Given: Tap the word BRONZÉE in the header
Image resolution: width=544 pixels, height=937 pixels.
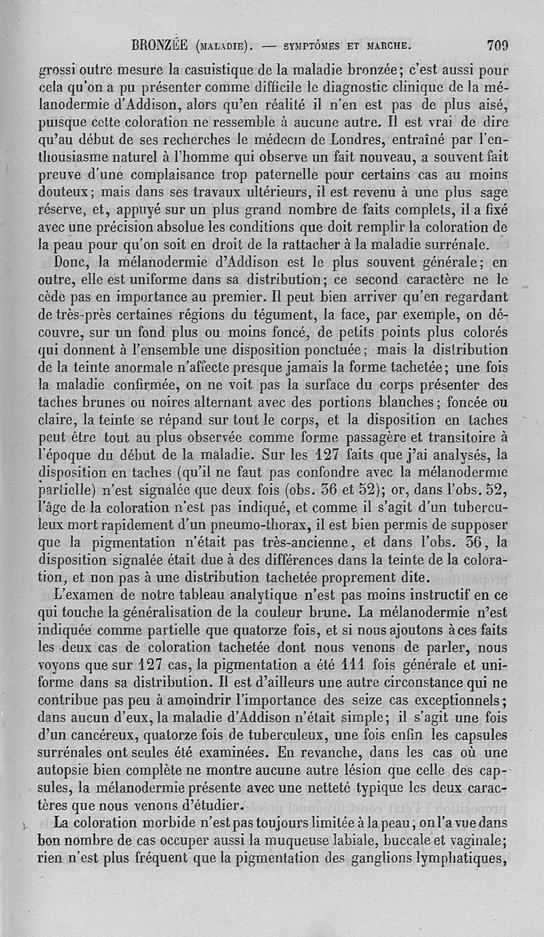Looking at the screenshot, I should [162, 46].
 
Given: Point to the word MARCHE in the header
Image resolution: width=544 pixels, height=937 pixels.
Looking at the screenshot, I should [387, 47].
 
